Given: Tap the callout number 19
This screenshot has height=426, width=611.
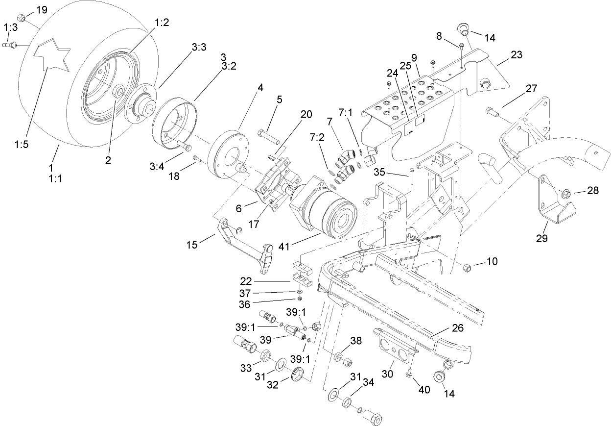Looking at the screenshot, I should click(43, 10).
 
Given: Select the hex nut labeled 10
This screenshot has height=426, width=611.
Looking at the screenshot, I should click(467, 267).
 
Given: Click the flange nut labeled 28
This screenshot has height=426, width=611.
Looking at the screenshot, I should click(565, 193).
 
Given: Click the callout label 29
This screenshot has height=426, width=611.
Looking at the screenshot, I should click(542, 239).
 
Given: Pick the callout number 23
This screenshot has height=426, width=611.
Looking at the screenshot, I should click(517, 55).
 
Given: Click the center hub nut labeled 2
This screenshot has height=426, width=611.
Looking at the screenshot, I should click(117, 91).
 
